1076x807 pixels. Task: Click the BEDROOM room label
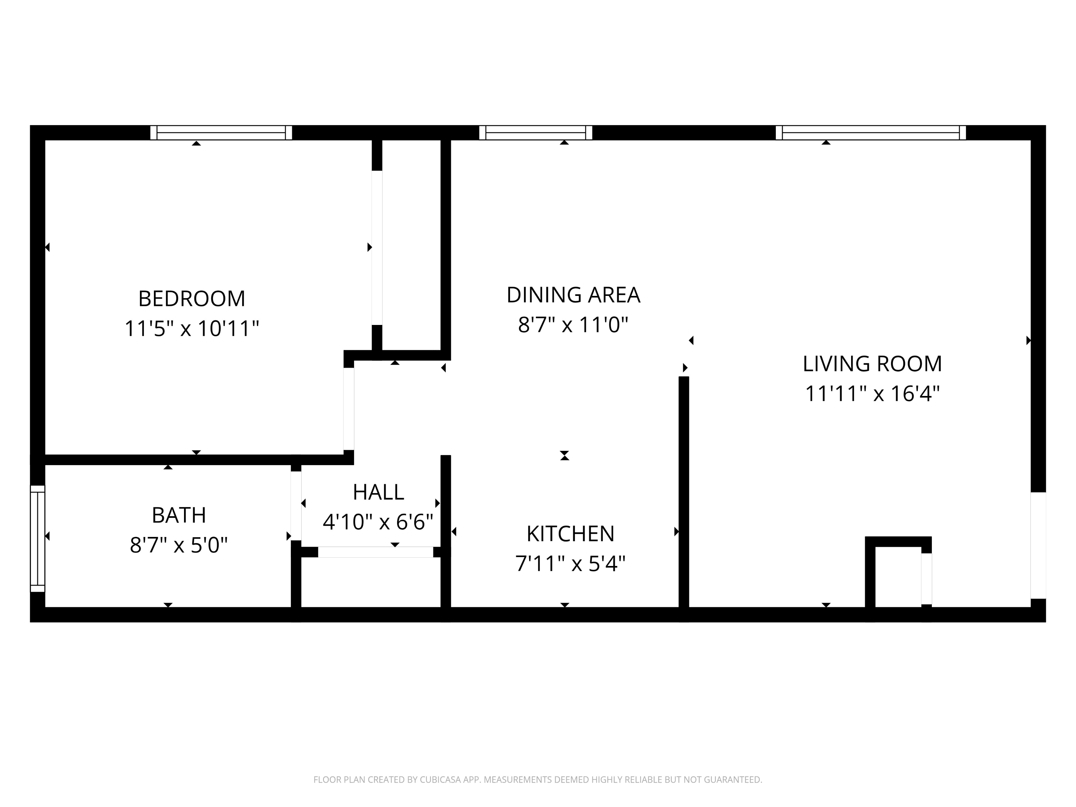(192, 299)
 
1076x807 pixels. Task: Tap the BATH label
(179, 515)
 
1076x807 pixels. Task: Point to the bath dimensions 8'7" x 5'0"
(179, 545)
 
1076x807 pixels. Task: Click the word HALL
(378, 492)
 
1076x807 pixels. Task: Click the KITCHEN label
(570, 534)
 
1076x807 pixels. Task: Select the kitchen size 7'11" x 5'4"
(570, 564)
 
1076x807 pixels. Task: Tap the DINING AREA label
(573, 295)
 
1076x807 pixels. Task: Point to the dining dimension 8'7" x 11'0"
(573, 325)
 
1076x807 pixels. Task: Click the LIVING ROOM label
(872, 364)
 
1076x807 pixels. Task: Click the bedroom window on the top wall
(221, 133)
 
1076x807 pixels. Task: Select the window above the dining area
(535, 133)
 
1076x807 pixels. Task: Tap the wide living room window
(871, 133)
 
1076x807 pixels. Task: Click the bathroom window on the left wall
(37, 538)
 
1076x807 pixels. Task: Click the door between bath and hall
(296, 506)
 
